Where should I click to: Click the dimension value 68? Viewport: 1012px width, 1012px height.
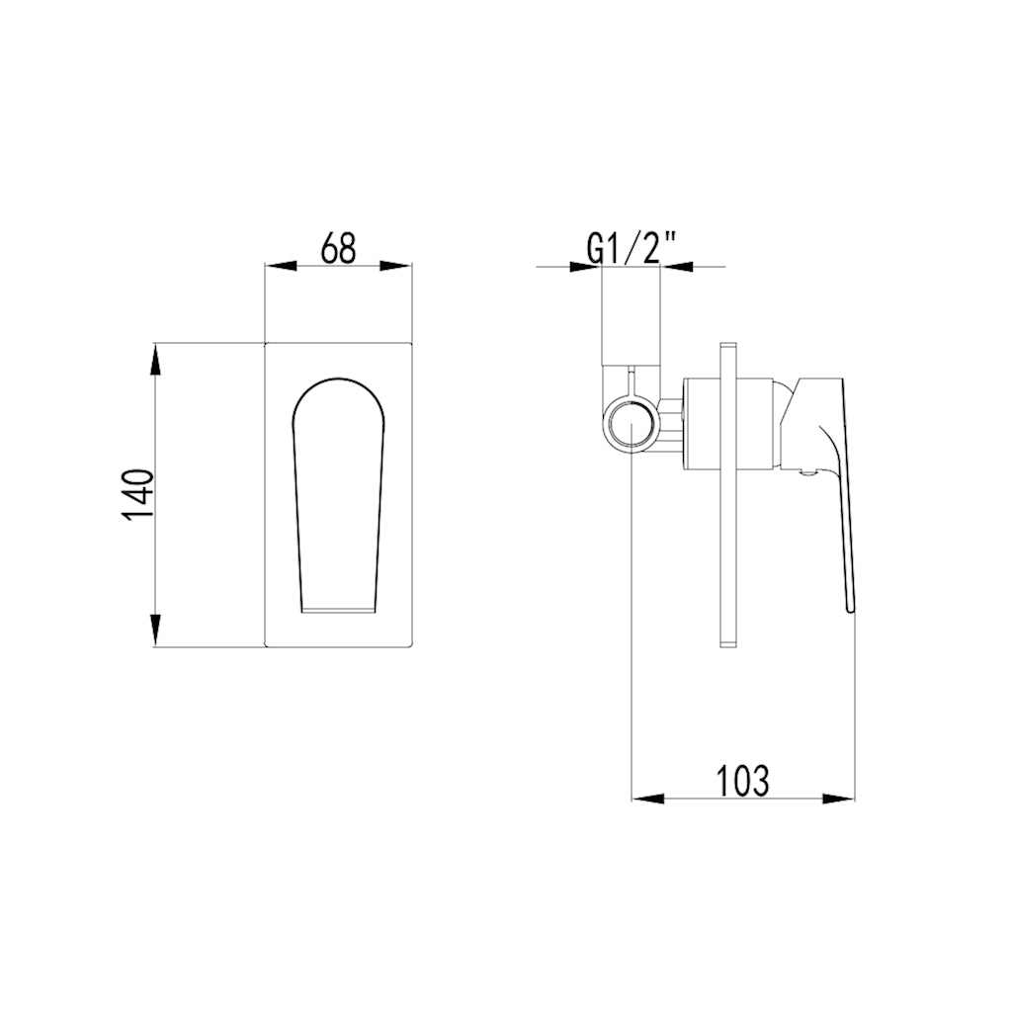click(x=338, y=248)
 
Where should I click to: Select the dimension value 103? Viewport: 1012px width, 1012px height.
click(x=742, y=781)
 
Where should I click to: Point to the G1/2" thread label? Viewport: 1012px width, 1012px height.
click(x=631, y=248)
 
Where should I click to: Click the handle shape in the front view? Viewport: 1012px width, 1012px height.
click(x=338, y=494)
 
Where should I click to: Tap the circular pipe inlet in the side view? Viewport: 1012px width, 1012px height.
click(x=631, y=426)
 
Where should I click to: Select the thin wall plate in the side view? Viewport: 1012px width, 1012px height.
click(x=728, y=494)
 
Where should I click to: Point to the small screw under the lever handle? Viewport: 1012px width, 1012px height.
click(x=804, y=472)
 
